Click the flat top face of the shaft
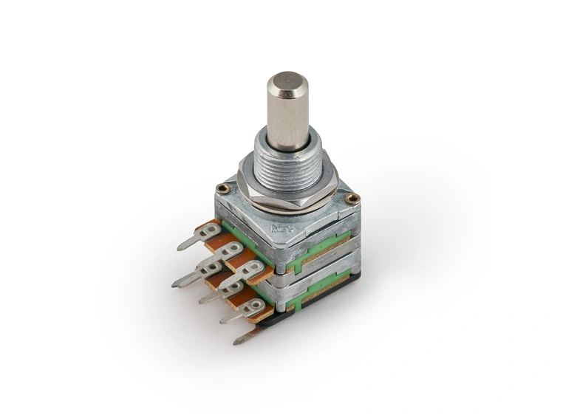(287, 82)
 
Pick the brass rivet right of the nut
(352, 198)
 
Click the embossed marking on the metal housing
(282, 228)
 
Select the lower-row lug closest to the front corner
(251, 307)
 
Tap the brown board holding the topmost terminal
(216, 235)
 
